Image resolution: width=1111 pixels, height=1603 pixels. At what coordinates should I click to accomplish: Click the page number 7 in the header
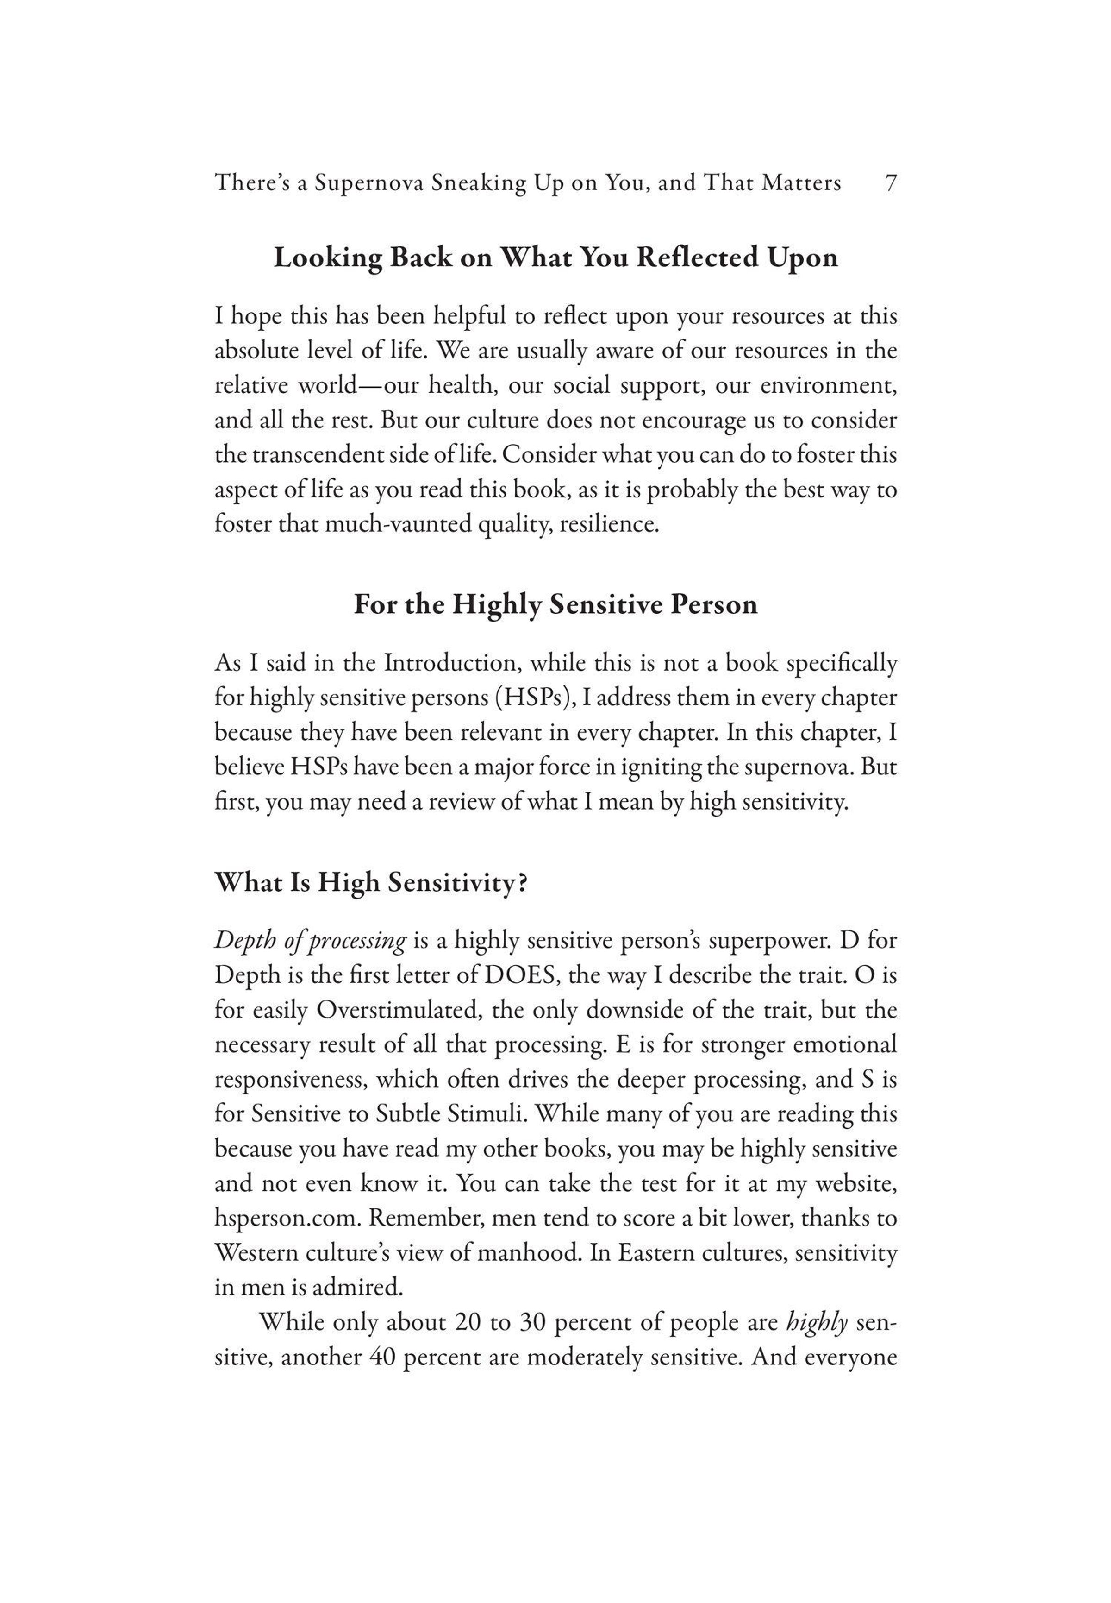890,183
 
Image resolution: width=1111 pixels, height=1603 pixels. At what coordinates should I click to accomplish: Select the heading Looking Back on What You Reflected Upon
555,258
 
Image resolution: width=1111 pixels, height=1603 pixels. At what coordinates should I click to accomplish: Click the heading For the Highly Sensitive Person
555,604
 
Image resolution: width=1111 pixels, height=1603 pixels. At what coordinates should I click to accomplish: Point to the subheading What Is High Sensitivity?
371,882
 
